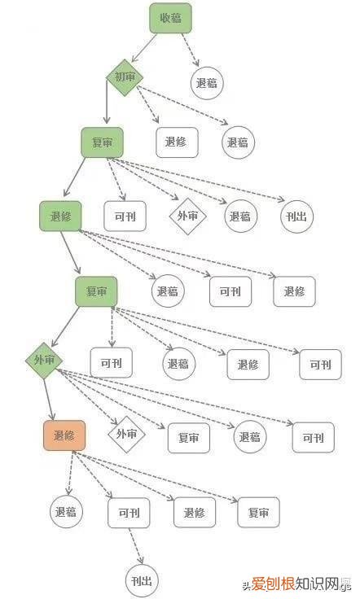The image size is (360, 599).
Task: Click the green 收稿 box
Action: coord(170,18)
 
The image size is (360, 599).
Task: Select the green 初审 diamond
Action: coord(125,77)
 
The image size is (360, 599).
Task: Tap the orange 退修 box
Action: coord(64,436)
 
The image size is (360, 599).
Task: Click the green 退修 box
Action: coord(61,216)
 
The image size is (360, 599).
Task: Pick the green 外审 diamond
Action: coord(43,360)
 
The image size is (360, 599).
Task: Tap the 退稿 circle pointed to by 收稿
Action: coord(208,82)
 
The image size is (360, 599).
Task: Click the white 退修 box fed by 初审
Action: coord(176,142)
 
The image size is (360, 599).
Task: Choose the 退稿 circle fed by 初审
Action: coord(238,142)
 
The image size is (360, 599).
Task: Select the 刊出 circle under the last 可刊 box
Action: coord(141,581)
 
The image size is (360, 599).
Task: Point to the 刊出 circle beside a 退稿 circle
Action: coord(296,216)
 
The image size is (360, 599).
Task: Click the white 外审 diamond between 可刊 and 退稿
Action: coord(188,216)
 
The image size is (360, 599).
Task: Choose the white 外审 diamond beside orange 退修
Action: coord(126,434)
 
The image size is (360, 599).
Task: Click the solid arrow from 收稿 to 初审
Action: coord(147,49)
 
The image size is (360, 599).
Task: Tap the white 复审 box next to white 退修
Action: coord(258,513)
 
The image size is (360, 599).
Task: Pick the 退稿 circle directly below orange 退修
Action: coord(67,513)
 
